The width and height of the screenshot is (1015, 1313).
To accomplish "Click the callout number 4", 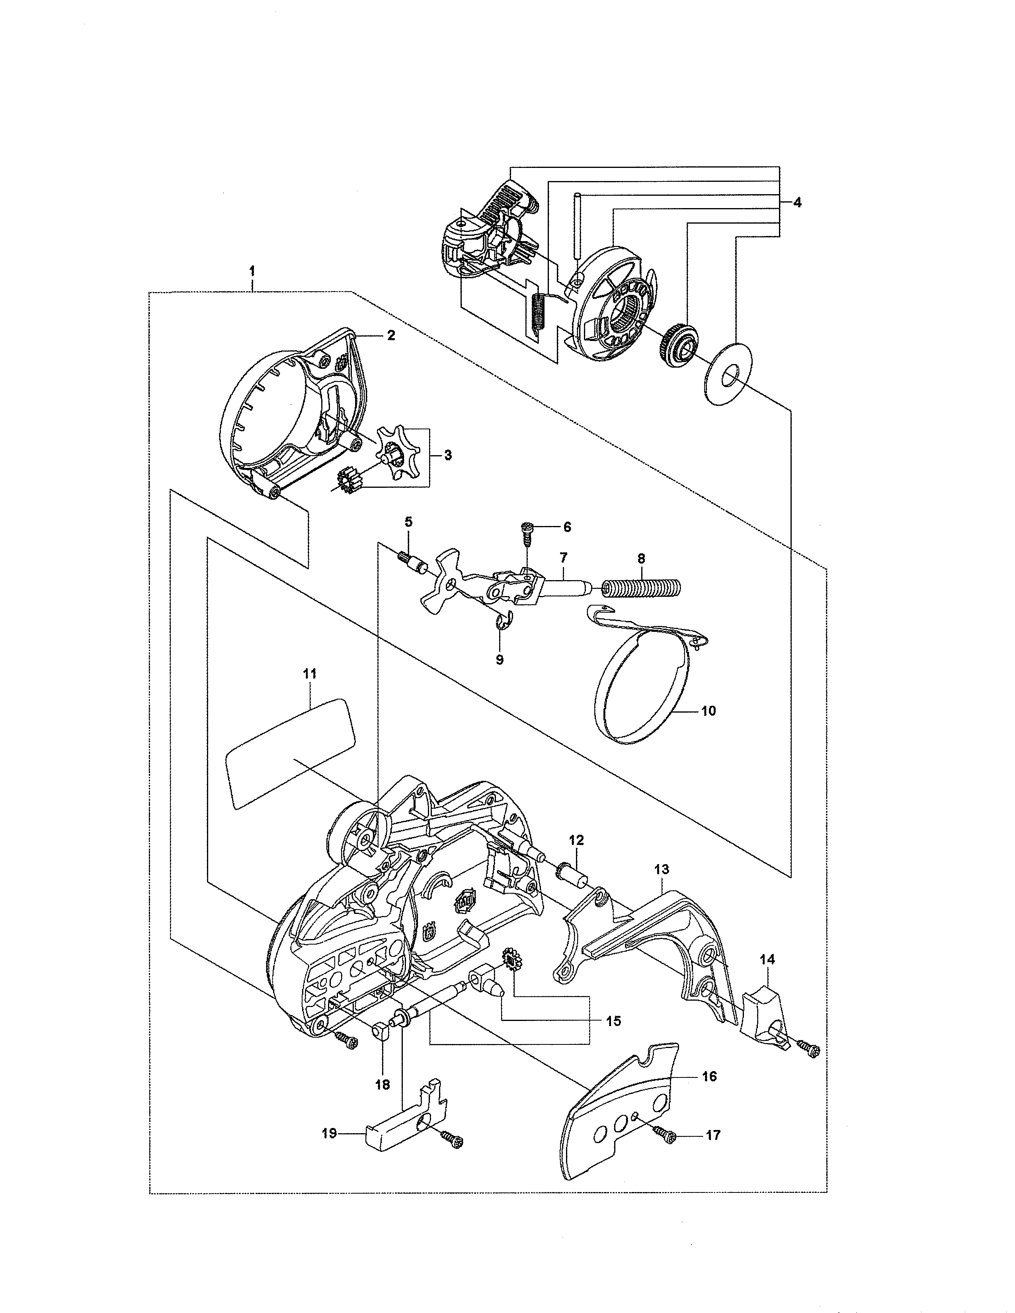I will point(797,203).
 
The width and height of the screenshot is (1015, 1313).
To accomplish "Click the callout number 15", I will point(614,1021).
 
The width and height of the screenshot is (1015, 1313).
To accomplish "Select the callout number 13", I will point(662,869).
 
